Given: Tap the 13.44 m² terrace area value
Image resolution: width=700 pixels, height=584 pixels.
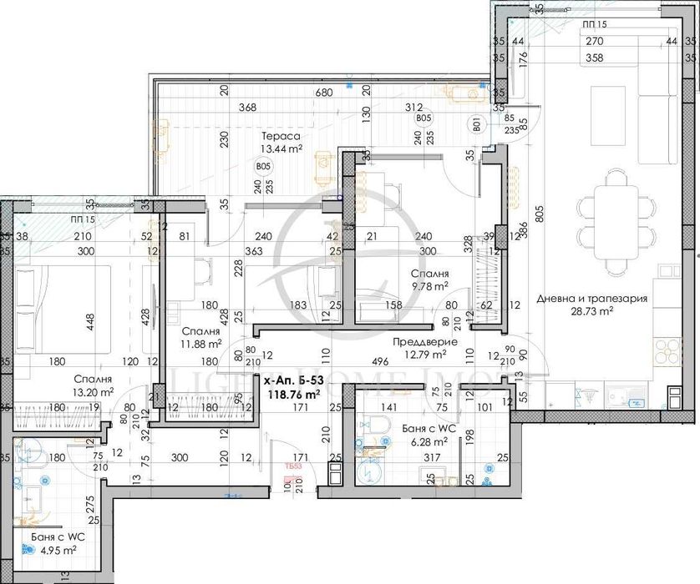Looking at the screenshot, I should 281,149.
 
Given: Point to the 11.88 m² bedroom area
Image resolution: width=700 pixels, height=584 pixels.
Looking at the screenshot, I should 201,342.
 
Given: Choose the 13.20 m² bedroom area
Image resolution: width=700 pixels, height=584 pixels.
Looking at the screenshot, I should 94,392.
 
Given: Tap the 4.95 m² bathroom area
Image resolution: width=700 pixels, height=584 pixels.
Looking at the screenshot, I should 56,550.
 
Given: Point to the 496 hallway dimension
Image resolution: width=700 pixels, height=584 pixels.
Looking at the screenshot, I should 380,361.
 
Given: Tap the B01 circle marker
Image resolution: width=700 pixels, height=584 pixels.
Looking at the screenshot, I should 476,128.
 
